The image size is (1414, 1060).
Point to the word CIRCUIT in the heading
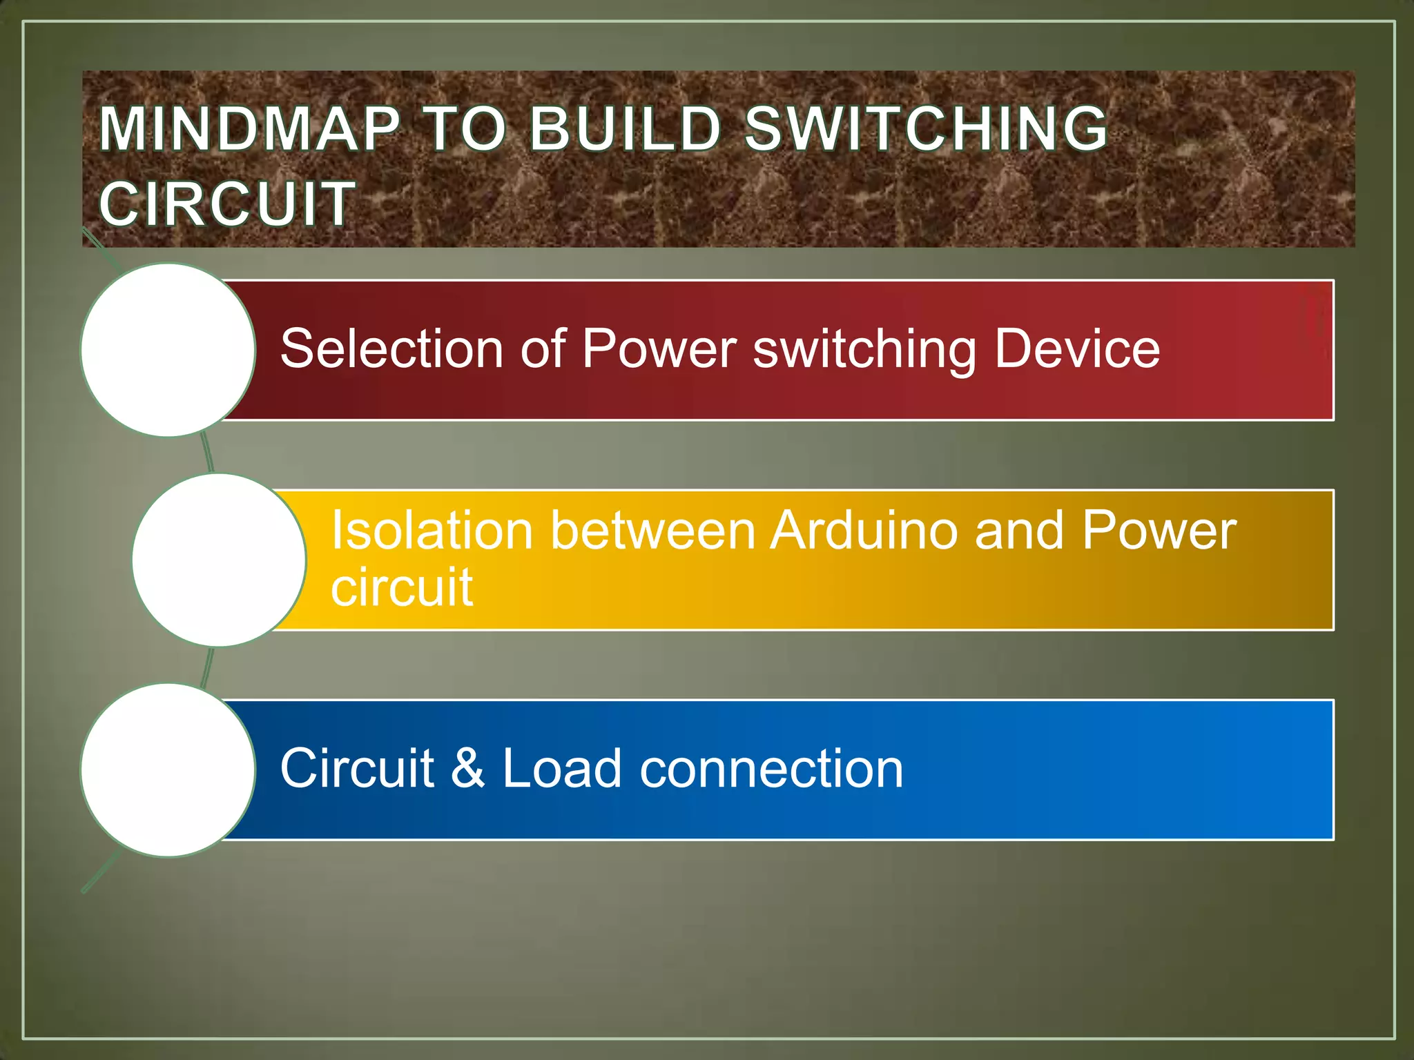pos(227,204)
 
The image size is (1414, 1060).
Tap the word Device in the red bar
pos(1076,349)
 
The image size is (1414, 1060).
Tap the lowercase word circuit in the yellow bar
pos(401,587)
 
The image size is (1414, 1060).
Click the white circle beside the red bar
pos(168,350)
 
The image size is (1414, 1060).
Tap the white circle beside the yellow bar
pos(219,560)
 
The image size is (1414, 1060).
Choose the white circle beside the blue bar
pos(168,770)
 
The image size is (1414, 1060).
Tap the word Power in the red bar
pos(659,349)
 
